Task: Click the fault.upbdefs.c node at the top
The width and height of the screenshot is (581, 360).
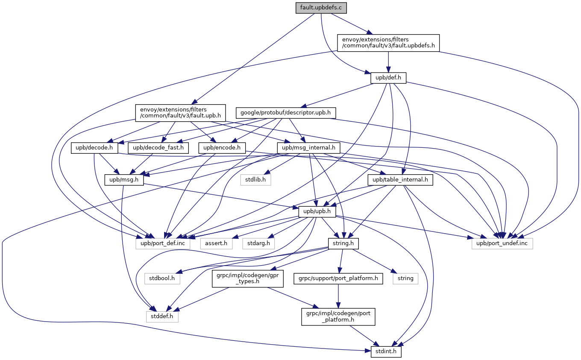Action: pos(321,8)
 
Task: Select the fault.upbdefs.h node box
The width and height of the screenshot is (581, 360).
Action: pos(388,43)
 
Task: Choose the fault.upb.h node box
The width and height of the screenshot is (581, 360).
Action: pos(180,113)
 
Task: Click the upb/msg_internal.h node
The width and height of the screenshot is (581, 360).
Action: pos(308,148)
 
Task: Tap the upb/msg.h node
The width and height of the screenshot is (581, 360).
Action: pos(123,180)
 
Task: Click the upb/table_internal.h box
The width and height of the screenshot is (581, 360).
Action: pos(400,180)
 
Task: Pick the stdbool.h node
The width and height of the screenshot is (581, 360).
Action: pos(162,278)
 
